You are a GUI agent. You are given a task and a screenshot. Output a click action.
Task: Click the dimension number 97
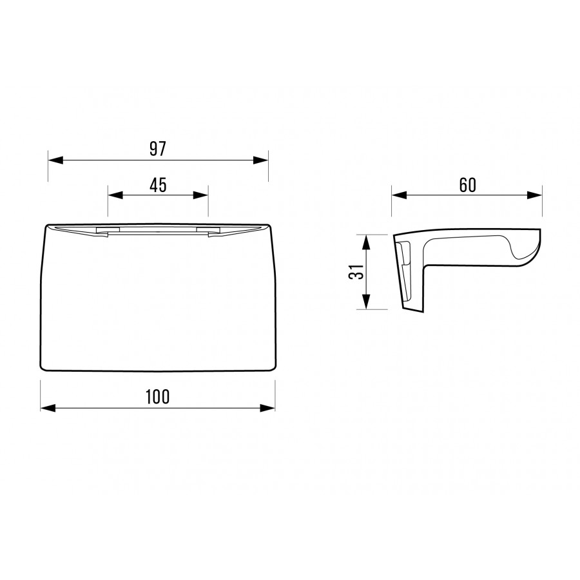pyautogui.click(x=158, y=149)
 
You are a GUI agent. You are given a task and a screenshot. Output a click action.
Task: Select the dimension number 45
pyautogui.click(x=158, y=185)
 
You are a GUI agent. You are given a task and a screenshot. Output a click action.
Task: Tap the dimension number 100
pyautogui.click(x=158, y=396)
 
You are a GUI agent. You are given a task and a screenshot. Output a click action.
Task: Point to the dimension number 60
pyautogui.click(x=468, y=185)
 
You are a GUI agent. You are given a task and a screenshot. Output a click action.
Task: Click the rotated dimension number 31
pyautogui.click(x=356, y=272)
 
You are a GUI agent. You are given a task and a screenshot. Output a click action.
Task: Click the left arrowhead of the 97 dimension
pyautogui.click(x=55, y=160)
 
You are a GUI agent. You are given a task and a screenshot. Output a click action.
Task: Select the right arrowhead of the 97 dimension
pyautogui.click(x=260, y=160)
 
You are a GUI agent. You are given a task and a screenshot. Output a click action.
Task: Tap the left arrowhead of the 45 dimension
pyautogui.click(x=115, y=195)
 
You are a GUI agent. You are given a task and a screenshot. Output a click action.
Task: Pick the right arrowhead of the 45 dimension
pyautogui.click(x=200, y=195)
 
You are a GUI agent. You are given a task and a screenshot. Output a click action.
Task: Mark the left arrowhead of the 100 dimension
pyautogui.click(x=48, y=408)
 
